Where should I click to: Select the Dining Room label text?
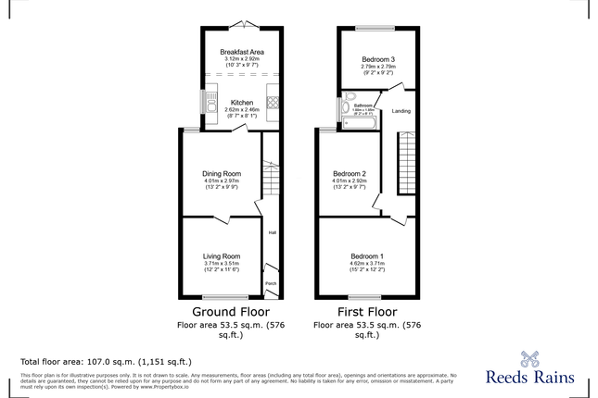coord(222,173)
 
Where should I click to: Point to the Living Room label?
coord(222,255)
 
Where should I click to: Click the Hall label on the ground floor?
coord(273,232)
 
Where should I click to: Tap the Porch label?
coord(272,283)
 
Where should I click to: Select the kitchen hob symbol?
coord(274,103)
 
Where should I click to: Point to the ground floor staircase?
coord(271,180)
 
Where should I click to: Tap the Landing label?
coord(401,111)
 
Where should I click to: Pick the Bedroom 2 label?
coord(350,173)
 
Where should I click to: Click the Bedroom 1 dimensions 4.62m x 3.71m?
coord(367,264)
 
